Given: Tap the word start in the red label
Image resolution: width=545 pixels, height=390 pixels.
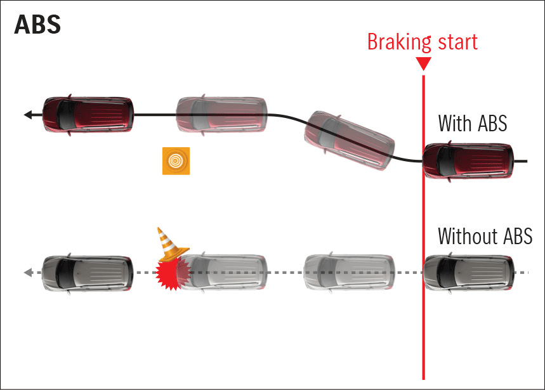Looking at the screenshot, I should pyautogui.click(x=456, y=42).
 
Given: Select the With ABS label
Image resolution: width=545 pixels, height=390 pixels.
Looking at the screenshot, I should pyautogui.click(x=472, y=123).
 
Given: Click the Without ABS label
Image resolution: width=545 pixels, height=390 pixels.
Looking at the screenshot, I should pyautogui.click(x=485, y=236).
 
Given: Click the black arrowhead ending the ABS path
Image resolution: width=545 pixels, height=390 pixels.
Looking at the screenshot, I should pyautogui.click(x=27, y=115).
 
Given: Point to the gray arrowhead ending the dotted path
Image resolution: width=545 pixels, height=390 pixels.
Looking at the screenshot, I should pyautogui.click(x=28, y=273).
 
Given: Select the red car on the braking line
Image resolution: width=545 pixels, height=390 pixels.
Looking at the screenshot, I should pyautogui.click(x=467, y=162).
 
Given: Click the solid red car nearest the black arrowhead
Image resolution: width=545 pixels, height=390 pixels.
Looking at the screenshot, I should pyautogui.click(x=88, y=114).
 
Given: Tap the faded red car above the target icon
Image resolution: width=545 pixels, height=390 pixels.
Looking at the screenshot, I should pyautogui.click(x=221, y=114).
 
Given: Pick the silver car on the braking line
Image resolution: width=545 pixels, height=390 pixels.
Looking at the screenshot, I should pyautogui.click(x=467, y=273).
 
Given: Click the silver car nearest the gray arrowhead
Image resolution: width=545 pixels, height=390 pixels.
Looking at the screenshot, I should pyautogui.click(x=88, y=273).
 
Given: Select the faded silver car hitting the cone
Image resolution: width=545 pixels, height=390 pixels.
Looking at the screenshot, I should pyautogui.click(x=225, y=273).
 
